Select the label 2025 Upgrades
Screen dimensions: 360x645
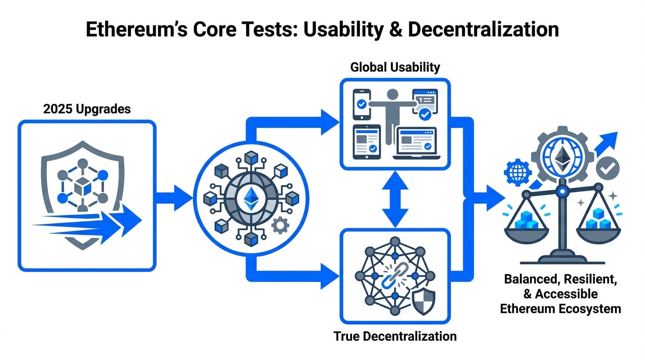click(87, 110)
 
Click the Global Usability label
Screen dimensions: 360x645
click(395, 67)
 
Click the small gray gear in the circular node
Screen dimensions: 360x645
click(280, 226)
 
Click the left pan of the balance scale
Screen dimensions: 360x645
click(524, 225)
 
